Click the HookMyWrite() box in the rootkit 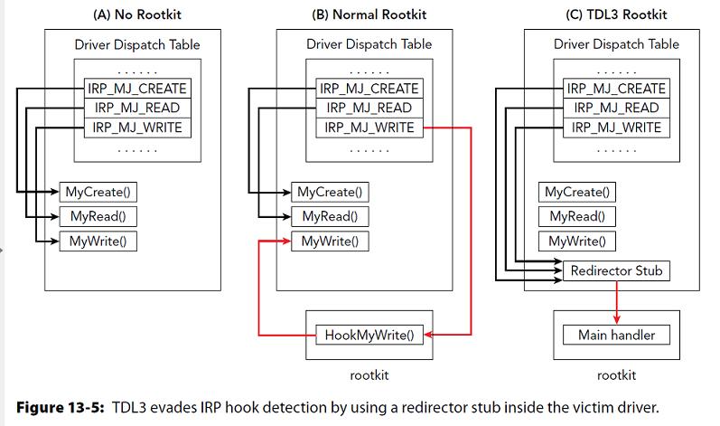[x=368, y=335]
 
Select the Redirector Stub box [x=616, y=270]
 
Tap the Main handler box [x=615, y=335]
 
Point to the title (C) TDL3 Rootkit [x=615, y=14]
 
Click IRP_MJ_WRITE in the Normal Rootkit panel [x=369, y=128]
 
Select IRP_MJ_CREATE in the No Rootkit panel [x=138, y=89]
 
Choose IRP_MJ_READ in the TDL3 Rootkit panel [x=617, y=108]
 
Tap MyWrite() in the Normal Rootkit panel [x=329, y=241]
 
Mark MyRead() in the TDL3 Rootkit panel [x=576, y=216]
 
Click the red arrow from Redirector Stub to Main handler [x=616, y=298]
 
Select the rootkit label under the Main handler [x=615, y=374]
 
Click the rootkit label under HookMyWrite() [x=368, y=374]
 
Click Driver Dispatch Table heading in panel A [x=136, y=43]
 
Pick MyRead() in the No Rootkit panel [x=97, y=216]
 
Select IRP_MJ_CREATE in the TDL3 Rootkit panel [x=617, y=89]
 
